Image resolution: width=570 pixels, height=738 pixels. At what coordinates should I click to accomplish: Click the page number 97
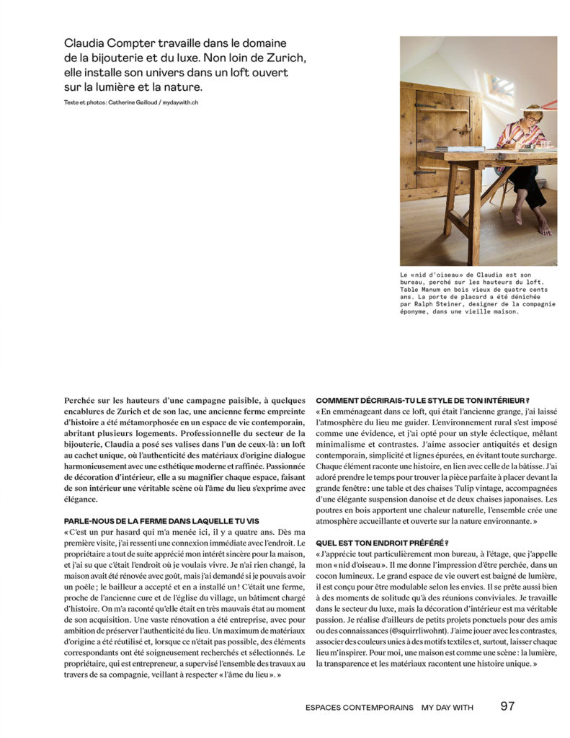click(507, 706)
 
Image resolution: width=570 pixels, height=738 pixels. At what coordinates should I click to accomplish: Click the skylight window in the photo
click(502, 86)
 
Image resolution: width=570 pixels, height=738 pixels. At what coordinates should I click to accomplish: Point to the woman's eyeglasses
click(535, 117)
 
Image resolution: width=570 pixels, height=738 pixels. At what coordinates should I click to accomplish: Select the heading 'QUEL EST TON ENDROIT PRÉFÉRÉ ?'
click(382, 543)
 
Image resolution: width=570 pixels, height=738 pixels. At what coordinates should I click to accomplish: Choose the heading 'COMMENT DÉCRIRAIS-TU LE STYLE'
click(422, 401)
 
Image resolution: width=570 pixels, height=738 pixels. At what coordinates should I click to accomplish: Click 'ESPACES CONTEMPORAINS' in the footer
click(359, 707)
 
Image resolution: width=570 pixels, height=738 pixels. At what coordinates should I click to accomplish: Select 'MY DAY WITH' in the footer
click(447, 707)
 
